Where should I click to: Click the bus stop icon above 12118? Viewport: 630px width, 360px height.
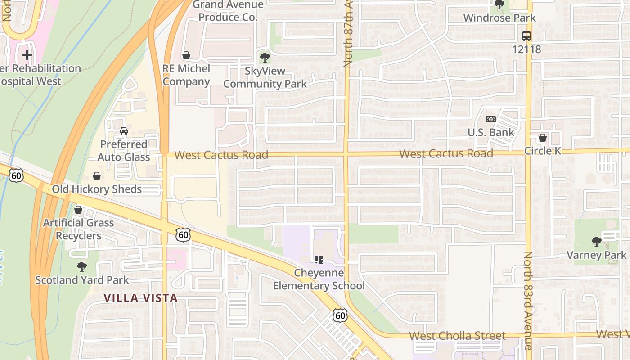point(526,36)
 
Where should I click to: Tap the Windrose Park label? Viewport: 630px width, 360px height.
point(499,18)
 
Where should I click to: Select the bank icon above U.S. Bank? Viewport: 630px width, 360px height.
point(490,119)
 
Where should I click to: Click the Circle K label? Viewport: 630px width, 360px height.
point(543,151)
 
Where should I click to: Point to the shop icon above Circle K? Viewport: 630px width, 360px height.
point(543,138)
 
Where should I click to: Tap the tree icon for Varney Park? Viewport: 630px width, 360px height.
point(597,242)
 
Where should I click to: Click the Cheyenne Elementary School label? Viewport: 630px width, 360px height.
point(319,279)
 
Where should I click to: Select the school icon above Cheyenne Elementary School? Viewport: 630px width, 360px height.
point(319,260)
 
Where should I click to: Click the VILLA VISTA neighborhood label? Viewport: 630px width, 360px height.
point(141,298)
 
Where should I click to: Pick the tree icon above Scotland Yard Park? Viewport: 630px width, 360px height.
point(81,267)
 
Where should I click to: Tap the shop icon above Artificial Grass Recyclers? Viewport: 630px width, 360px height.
point(78,210)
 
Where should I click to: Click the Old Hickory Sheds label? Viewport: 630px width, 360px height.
point(97,189)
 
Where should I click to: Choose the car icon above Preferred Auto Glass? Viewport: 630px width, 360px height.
point(123,131)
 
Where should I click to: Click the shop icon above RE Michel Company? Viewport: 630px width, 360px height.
point(186,55)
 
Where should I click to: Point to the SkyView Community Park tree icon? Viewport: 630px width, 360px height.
point(265,58)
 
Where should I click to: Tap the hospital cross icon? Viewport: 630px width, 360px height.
point(27,55)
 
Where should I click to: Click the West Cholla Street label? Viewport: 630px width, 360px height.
point(457,336)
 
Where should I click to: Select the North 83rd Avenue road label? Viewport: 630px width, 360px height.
point(528,300)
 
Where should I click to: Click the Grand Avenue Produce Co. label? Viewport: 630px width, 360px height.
point(228,11)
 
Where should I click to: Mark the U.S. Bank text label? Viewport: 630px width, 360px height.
point(490,132)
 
